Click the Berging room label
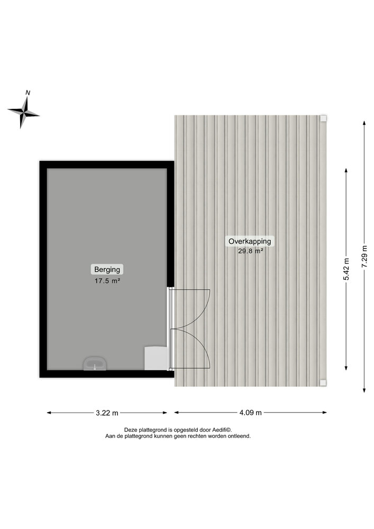[x=107, y=270]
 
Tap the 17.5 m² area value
[x=107, y=281]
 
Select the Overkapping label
[x=250, y=241]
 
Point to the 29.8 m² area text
[x=250, y=251]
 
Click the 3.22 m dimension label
[x=107, y=413]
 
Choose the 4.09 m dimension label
[x=251, y=413]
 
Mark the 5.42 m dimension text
[x=346, y=269]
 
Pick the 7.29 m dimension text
[x=364, y=257]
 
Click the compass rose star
[x=23, y=113]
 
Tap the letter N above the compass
[x=28, y=93]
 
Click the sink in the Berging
[x=95, y=364]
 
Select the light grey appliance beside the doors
[x=156, y=358]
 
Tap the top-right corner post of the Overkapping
[x=323, y=118]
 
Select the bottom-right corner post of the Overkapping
[x=323, y=383]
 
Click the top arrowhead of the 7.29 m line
[x=364, y=123]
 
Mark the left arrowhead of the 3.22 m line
[x=49, y=413]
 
